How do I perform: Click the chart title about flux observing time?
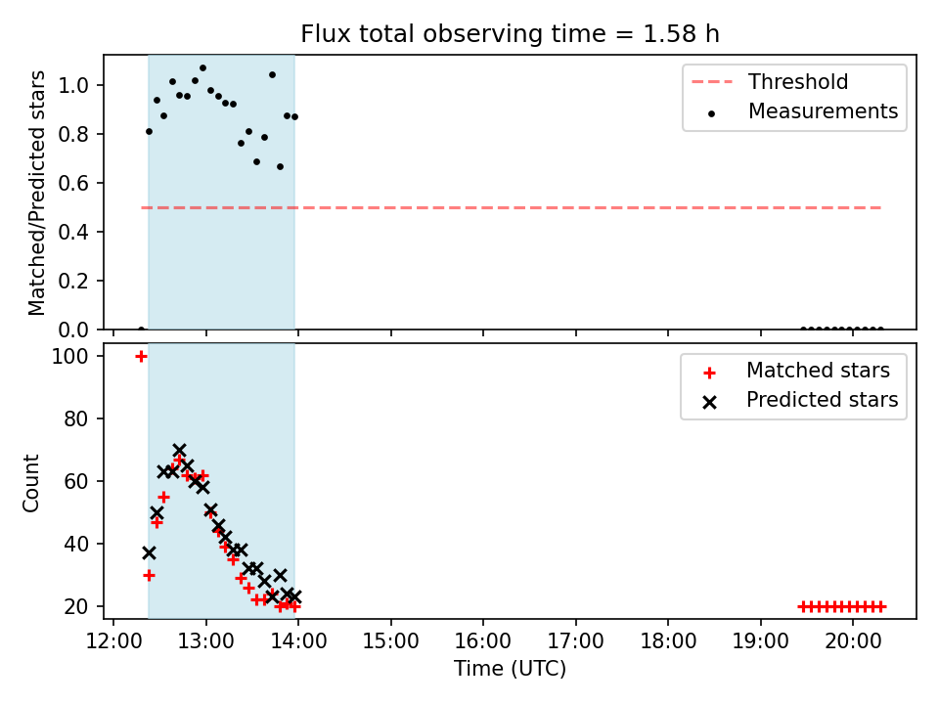(x=510, y=34)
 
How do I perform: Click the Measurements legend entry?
(x=802, y=111)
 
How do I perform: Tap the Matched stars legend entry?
(x=797, y=371)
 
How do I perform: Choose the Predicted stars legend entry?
(x=801, y=400)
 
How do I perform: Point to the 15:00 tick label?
(x=391, y=641)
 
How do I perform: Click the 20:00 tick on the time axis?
(x=853, y=641)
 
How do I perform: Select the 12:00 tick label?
(x=113, y=641)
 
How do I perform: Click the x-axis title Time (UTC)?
(x=510, y=669)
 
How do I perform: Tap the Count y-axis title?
(x=30, y=483)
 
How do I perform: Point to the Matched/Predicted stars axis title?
(x=36, y=193)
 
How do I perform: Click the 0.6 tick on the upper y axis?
(x=73, y=183)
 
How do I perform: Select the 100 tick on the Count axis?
(x=70, y=357)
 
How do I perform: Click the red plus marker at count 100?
(x=141, y=357)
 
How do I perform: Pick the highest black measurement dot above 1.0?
(x=203, y=68)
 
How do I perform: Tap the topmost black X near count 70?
(x=180, y=450)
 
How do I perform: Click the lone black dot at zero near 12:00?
(x=141, y=330)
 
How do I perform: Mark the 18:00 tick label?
(x=668, y=641)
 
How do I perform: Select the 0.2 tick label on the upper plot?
(x=73, y=281)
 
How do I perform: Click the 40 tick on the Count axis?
(x=76, y=545)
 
